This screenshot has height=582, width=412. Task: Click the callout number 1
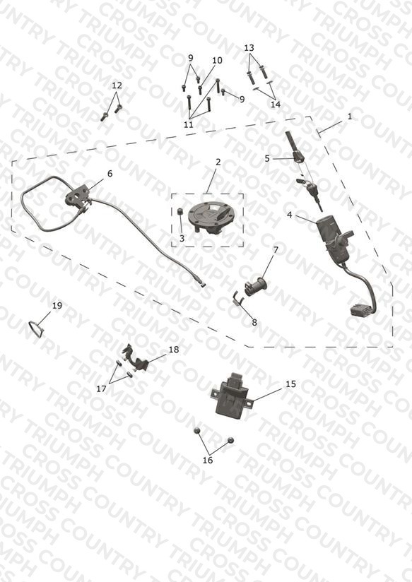(350, 117)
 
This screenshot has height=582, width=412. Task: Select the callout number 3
(182, 238)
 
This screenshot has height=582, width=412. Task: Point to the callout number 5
(267, 158)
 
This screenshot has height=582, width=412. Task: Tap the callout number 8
(254, 323)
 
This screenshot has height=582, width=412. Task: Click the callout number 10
(218, 60)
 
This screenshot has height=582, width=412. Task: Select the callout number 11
(189, 124)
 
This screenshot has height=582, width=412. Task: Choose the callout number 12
(117, 85)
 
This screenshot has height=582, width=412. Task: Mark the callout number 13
(249, 47)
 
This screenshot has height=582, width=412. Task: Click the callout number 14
(276, 105)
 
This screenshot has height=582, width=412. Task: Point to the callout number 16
(208, 461)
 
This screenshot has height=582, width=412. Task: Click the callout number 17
(101, 388)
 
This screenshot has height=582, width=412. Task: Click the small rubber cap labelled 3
(180, 211)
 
